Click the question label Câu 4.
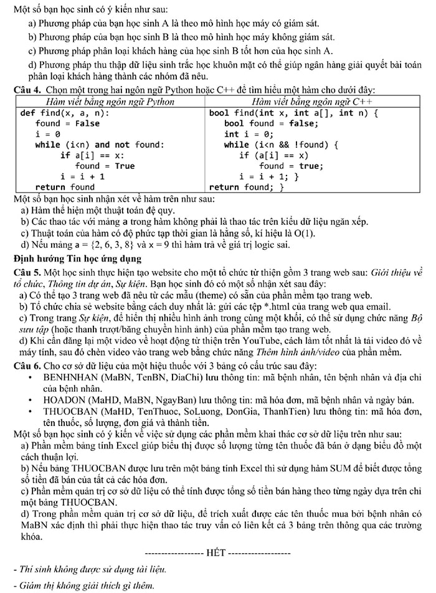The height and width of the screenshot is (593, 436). [x=26, y=90]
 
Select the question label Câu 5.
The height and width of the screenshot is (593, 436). [x=26, y=270]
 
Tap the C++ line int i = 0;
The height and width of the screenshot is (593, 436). [x=249, y=134]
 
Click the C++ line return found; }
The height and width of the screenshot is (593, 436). [x=247, y=187]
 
